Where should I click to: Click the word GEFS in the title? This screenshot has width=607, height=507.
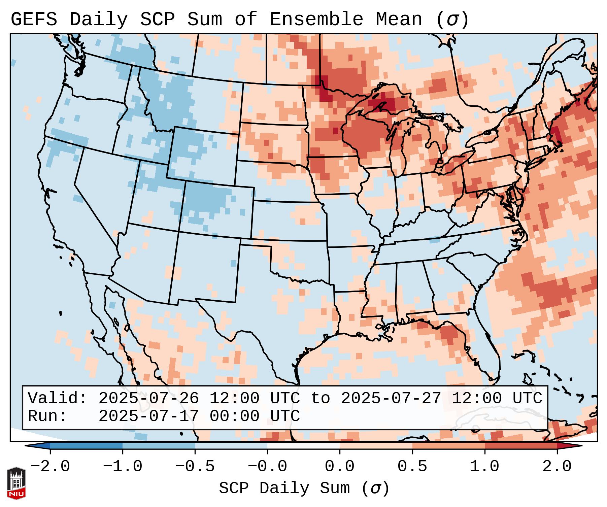coord(34,19)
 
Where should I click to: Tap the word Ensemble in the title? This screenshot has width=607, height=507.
coord(316,19)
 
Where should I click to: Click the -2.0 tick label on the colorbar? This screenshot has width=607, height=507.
coord(50,467)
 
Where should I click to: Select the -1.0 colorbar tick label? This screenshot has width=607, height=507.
coord(123,467)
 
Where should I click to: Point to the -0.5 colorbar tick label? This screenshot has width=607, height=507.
coord(195,467)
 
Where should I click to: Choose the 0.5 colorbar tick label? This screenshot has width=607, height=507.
coord(412,467)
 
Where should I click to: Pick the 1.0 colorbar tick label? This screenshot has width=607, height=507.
coord(484,467)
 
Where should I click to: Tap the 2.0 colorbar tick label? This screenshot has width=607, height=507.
coord(557,467)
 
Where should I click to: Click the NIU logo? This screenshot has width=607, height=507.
coord(16,483)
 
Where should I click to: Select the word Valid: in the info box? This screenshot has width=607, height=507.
coord(58,399)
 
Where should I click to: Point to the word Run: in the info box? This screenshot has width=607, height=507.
coord(47,416)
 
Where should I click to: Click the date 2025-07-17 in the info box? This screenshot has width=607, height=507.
coord(148,416)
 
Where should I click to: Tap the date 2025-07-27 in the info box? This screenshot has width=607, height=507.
coord(391,399)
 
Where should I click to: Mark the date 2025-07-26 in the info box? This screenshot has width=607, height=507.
coord(148,399)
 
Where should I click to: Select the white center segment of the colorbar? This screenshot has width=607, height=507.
coord(303,446)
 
